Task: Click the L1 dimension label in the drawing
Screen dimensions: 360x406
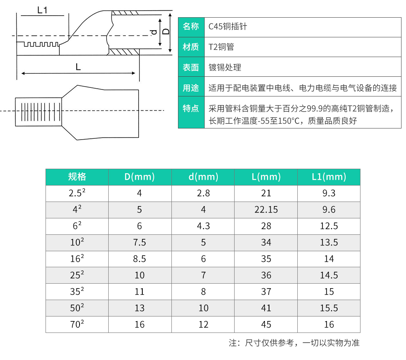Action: pos(42,10)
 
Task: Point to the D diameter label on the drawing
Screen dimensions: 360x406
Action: pos(166,32)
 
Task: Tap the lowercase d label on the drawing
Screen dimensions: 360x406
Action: pos(153,32)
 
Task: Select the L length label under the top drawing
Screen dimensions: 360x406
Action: pos(78,66)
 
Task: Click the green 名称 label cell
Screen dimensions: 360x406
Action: pos(191,27)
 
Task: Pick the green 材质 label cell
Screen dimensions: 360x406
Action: pos(191,47)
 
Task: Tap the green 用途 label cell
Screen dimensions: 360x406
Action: pos(191,88)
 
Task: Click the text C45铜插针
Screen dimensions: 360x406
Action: pos(228,27)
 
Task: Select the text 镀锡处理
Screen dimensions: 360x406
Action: pos(225,68)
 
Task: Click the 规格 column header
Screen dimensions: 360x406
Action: pos(77,177)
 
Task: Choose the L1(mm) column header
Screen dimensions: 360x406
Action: pos(329,177)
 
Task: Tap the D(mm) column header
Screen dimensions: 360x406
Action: pos(140,177)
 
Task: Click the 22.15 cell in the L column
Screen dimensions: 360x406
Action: pos(266,210)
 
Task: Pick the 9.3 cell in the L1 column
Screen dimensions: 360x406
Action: pos(329,193)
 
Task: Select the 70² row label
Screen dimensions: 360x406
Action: pos(77,324)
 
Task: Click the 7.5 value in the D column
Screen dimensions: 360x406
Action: pos(140,243)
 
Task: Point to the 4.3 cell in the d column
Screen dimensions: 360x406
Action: pos(203,226)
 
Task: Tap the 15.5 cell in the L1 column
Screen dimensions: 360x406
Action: pos(329,308)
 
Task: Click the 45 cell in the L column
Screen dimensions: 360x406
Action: pos(266,324)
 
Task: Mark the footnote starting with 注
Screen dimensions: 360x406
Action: pos(294,343)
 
